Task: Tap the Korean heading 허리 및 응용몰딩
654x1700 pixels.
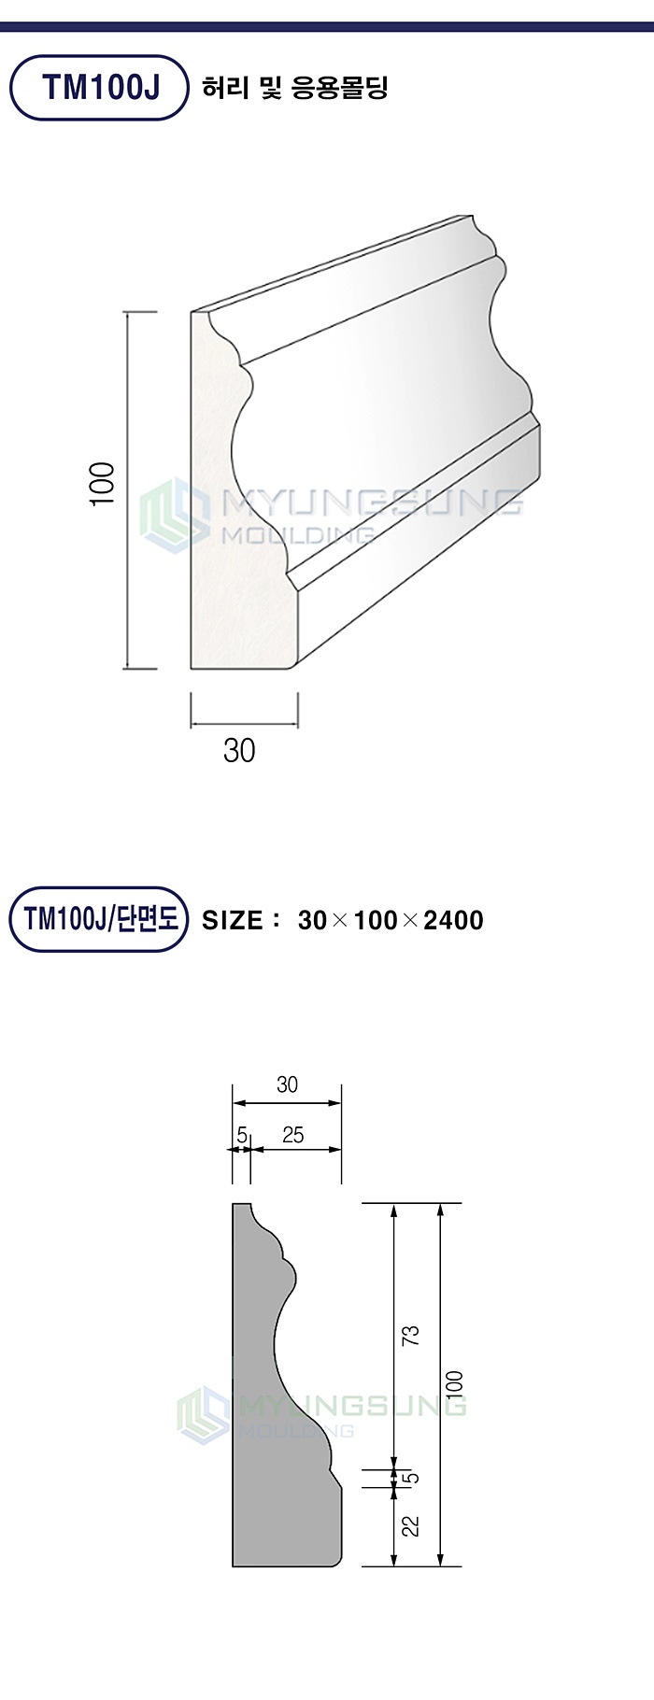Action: (x=295, y=89)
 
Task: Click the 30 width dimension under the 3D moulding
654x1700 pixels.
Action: (x=239, y=749)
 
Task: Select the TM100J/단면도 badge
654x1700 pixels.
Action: (x=100, y=919)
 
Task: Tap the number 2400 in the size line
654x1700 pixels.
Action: (x=453, y=920)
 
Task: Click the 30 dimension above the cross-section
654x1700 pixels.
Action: (x=287, y=1084)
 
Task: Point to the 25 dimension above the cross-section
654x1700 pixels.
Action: (x=292, y=1135)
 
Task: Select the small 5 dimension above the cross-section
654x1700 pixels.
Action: (x=241, y=1135)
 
